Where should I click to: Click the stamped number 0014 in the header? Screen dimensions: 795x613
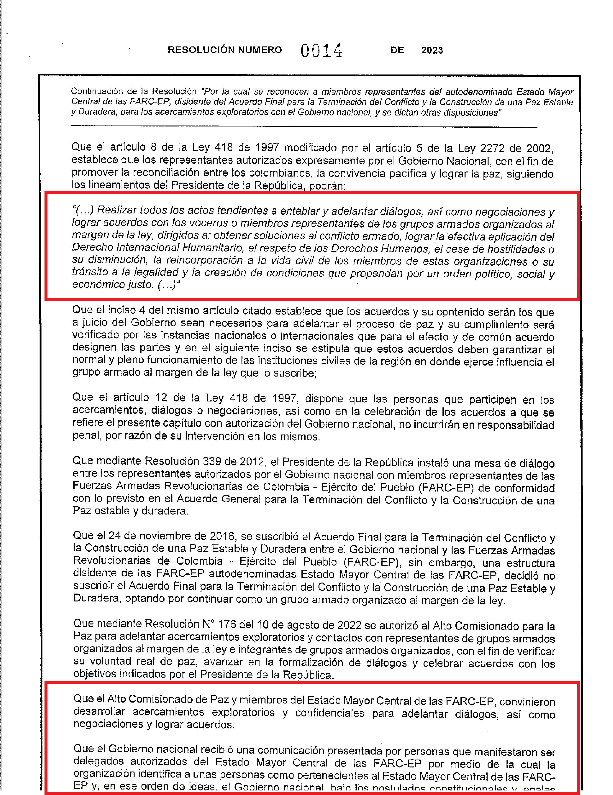321,51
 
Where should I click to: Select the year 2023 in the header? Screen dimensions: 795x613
432,50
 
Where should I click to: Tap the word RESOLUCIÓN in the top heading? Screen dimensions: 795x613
201,50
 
